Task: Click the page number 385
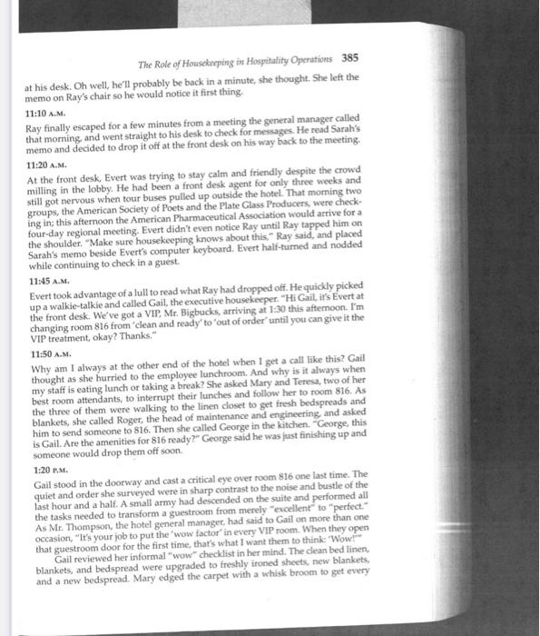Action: [x=350, y=57]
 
